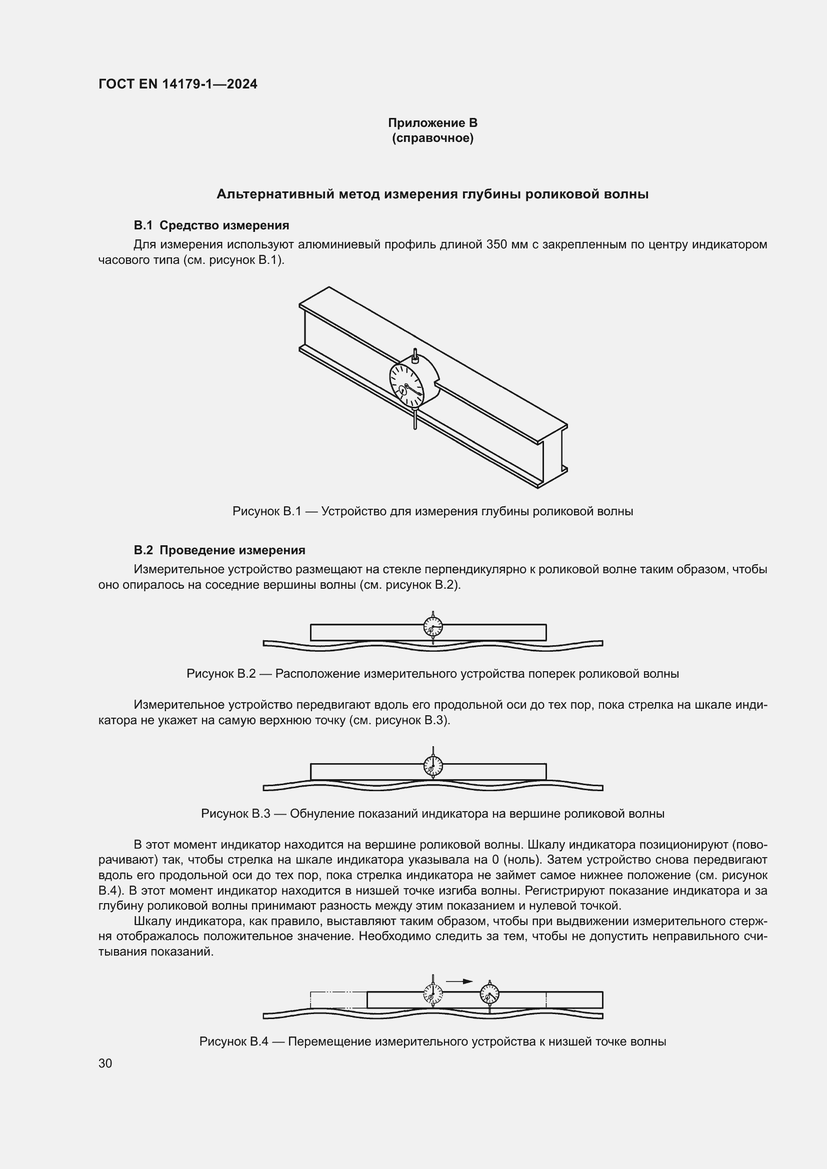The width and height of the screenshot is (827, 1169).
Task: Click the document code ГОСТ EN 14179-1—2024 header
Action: tap(177, 84)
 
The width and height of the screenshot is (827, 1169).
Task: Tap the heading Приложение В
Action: tap(432, 123)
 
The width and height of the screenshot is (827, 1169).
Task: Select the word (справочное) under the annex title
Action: tap(432, 138)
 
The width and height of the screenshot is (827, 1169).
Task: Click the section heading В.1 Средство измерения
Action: tap(211, 225)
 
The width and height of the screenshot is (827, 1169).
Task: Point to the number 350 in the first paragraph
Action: tap(497, 244)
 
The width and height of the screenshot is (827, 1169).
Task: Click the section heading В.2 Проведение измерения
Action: tap(219, 550)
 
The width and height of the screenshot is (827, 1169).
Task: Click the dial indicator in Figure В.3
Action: tap(433, 765)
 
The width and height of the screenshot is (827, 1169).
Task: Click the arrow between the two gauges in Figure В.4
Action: tap(459, 981)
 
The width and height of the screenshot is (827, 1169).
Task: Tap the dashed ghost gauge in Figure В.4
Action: tap(433, 993)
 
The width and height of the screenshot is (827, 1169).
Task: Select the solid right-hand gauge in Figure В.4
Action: tap(490, 994)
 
